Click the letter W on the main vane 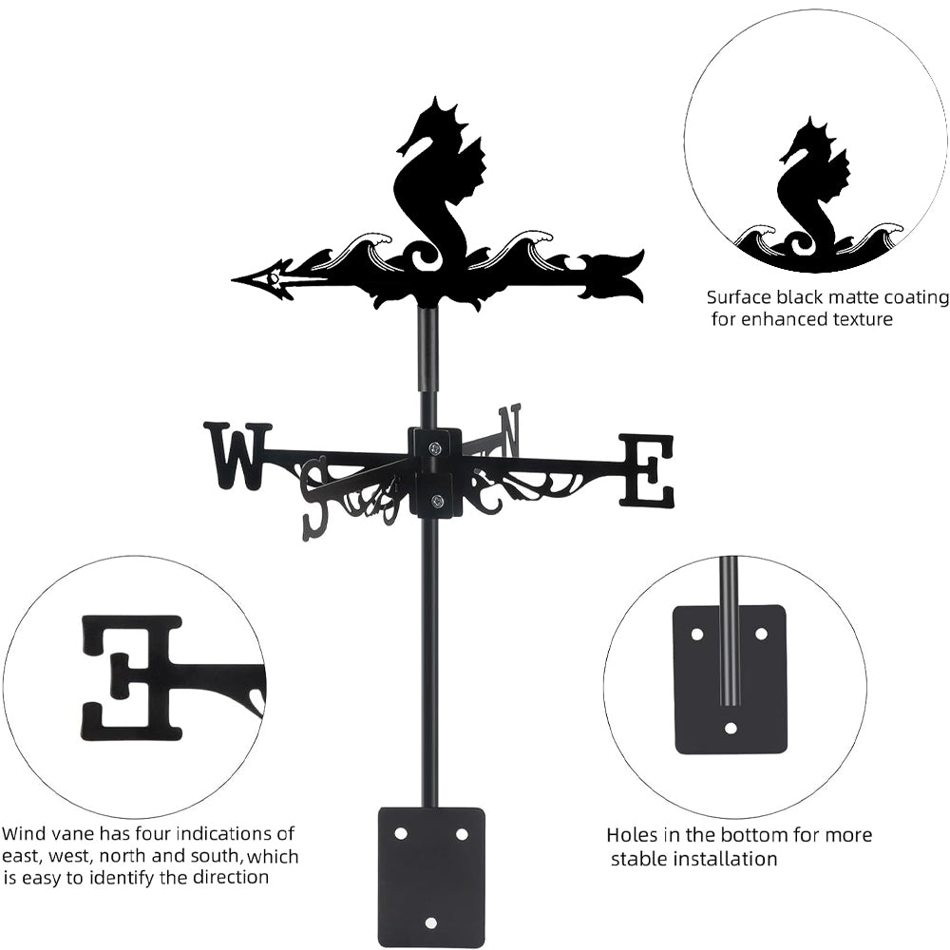click(237, 455)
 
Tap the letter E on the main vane click(648, 470)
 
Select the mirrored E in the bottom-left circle click(133, 676)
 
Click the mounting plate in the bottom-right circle click(730, 678)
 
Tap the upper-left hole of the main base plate click(400, 833)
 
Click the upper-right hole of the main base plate click(462, 833)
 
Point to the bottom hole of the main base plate click(431, 921)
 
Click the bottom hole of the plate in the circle click(731, 729)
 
